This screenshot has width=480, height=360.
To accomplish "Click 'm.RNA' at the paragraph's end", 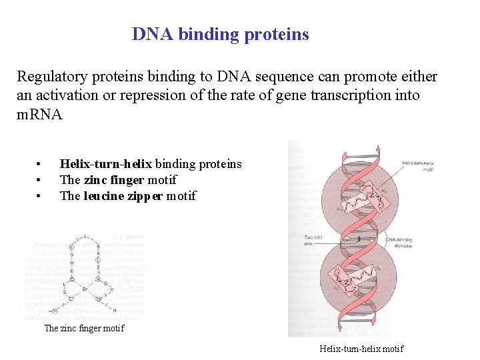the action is tap(39, 114).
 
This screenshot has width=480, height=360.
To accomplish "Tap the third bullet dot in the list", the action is tap(40, 197).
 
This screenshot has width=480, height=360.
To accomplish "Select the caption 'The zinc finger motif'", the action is tap(84, 328).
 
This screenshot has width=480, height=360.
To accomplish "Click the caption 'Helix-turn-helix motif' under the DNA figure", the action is tap(361, 349).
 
